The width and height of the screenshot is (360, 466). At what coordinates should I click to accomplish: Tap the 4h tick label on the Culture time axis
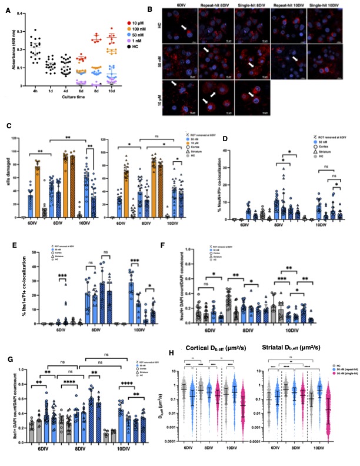(x=36, y=92)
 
